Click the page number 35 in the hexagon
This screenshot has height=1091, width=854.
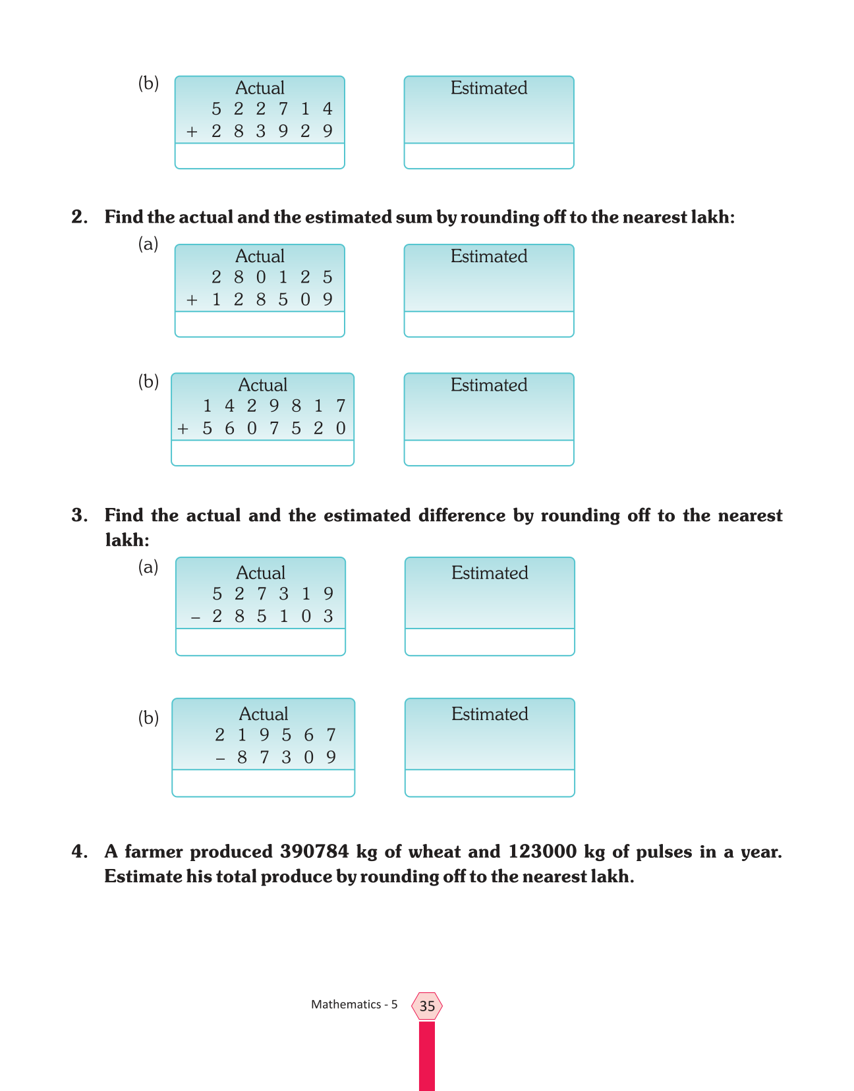tap(427, 1006)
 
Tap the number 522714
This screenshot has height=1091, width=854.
tap(271, 109)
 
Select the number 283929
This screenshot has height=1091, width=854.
tap(271, 131)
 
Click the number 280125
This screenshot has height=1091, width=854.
tap(271, 277)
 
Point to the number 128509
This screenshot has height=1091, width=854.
tap(271, 300)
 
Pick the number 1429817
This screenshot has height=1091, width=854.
tap(273, 406)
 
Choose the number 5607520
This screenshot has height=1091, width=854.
tap(273, 428)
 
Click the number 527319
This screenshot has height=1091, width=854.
tap(272, 594)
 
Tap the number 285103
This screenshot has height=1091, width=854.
tap(272, 617)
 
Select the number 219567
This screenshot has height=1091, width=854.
tap(275, 735)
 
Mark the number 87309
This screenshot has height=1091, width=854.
tap(286, 757)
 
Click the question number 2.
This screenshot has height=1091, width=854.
tap(79, 217)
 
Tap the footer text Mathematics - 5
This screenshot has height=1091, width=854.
tap(354, 1005)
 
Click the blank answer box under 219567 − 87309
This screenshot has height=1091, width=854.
tap(263, 783)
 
